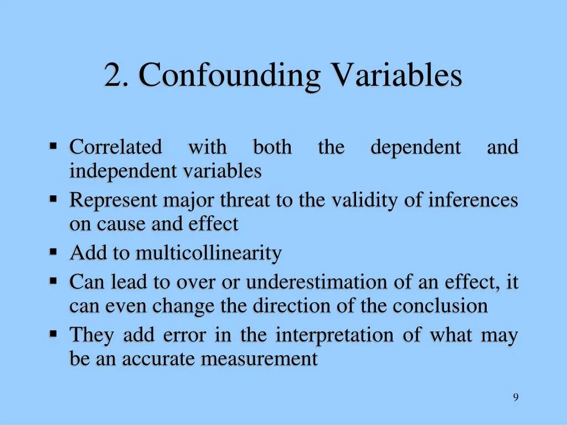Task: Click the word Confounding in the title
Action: [229, 76]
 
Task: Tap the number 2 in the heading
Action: [112, 76]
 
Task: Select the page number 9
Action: [516, 397]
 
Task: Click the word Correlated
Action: [116, 148]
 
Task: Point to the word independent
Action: [123, 172]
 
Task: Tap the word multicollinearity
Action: [209, 253]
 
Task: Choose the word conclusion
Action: [441, 306]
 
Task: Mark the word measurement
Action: [259, 359]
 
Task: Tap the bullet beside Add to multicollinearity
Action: [54, 252]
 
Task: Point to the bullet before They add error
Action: [54, 334]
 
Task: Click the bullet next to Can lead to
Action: [54, 281]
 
